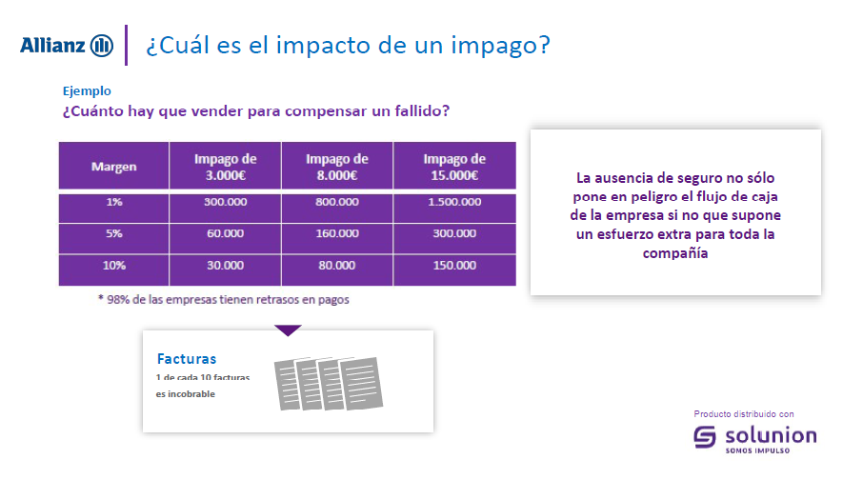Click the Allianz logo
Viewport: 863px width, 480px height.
[x=67, y=45]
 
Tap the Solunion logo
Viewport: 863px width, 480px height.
[x=755, y=439]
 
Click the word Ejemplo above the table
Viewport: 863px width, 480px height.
[x=87, y=90]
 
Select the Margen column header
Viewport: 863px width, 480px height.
[x=114, y=167]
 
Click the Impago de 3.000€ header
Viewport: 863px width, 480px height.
[x=225, y=167]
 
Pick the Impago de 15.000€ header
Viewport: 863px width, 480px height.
[x=454, y=167]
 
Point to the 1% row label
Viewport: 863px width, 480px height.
[x=114, y=202]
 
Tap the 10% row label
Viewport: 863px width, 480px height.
[x=114, y=266]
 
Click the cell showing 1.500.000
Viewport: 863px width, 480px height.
[x=454, y=202]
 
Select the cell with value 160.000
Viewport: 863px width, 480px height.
[x=337, y=233]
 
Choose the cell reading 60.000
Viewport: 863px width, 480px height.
[x=225, y=233]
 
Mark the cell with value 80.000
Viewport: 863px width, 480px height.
[x=337, y=266]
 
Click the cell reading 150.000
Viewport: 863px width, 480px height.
[x=454, y=266]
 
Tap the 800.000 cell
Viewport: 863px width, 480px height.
[x=337, y=202]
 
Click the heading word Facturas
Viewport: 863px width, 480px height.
[x=187, y=359]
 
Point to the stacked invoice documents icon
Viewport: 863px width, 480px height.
[x=328, y=384]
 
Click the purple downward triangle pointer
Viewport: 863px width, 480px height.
[x=288, y=330]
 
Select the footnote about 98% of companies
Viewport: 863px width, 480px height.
[x=224, y=299]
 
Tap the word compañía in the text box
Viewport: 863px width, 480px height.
[x=675, y=253]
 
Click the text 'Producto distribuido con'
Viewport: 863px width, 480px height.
[x=744, y=414]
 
